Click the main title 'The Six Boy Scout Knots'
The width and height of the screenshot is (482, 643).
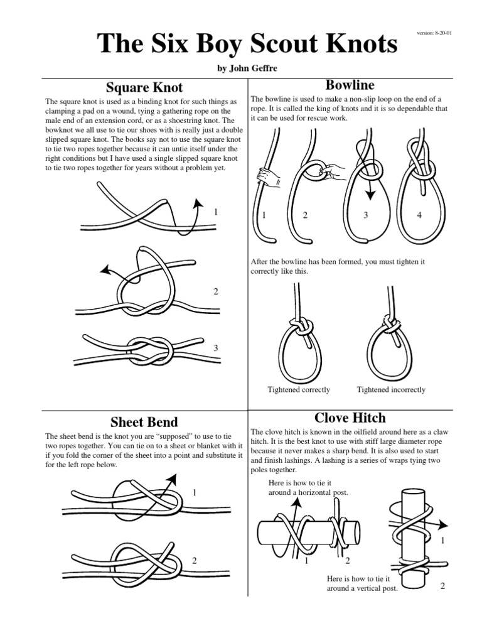pos(247,44)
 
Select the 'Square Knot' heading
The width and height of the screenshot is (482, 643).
pos(144,87)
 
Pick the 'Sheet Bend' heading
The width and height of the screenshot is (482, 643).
pos(144,421)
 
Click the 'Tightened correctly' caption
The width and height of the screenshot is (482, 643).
pos(298,390)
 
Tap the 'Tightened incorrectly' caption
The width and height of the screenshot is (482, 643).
pos(391,390)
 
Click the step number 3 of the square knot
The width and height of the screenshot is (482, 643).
pos(215,348)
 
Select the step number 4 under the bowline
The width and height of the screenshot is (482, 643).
pos(419,215)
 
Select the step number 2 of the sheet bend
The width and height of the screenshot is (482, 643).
pos(195,560)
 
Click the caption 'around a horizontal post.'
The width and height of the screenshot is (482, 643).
pos(308,492)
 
